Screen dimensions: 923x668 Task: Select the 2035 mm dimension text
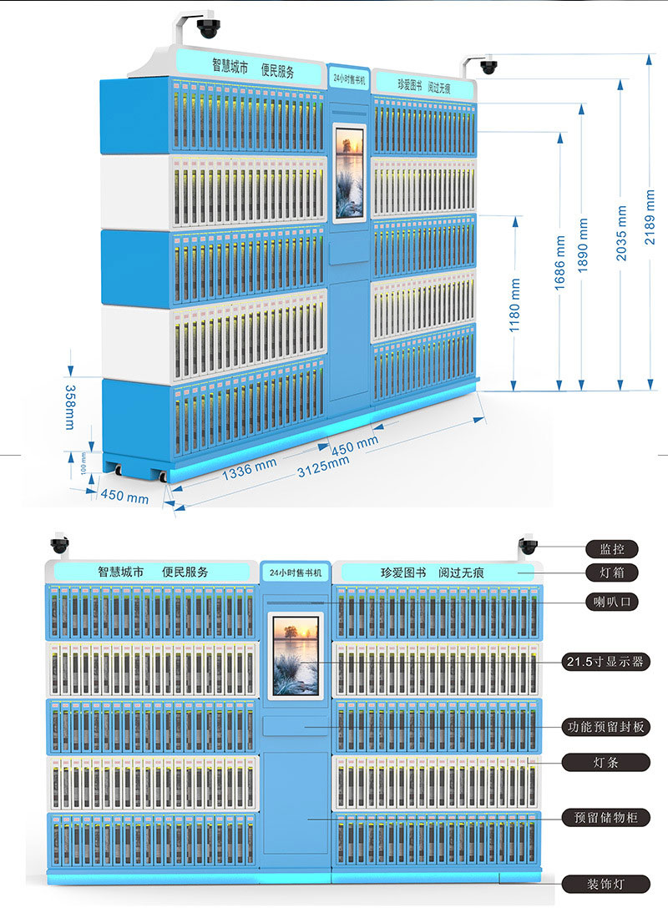621,230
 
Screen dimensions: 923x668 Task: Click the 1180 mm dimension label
515,306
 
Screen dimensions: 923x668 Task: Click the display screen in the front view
296,655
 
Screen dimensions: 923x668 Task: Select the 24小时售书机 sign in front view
296,572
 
